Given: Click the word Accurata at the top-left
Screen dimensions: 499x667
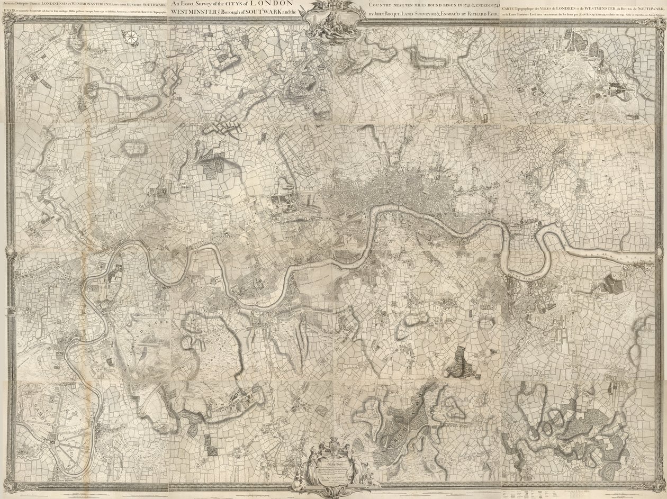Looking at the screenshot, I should pos(10,4).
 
